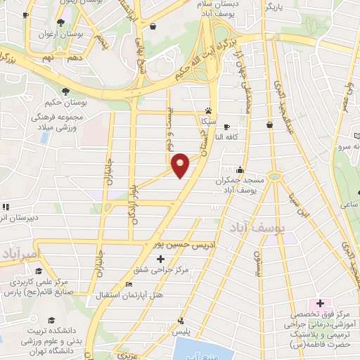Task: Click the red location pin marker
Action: pos(181,165)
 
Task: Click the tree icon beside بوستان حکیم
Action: pos(66,91)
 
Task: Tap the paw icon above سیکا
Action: pos(209,110)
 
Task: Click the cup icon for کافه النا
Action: pos(226,127)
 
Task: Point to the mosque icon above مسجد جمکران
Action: pos(240,169)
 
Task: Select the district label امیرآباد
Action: pos(21,252)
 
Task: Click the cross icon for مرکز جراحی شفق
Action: pos(161,259)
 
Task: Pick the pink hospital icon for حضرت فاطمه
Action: pos(321,303)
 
